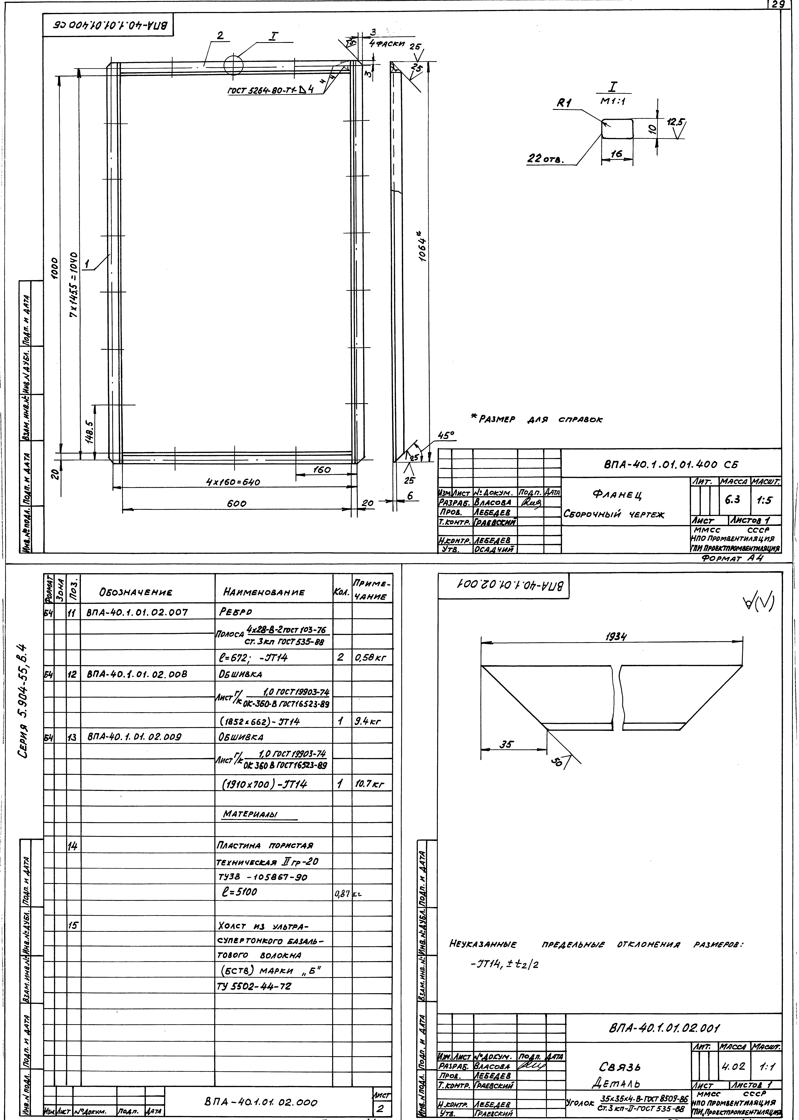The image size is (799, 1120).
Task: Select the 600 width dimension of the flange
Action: tap(237, 504)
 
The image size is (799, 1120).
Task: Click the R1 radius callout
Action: tap(563, 104)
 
